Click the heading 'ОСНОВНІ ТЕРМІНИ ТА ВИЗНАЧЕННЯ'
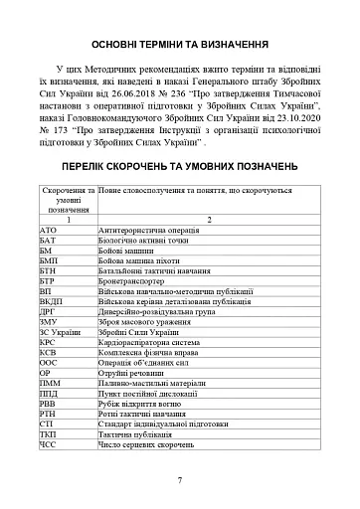coord(179,46)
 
